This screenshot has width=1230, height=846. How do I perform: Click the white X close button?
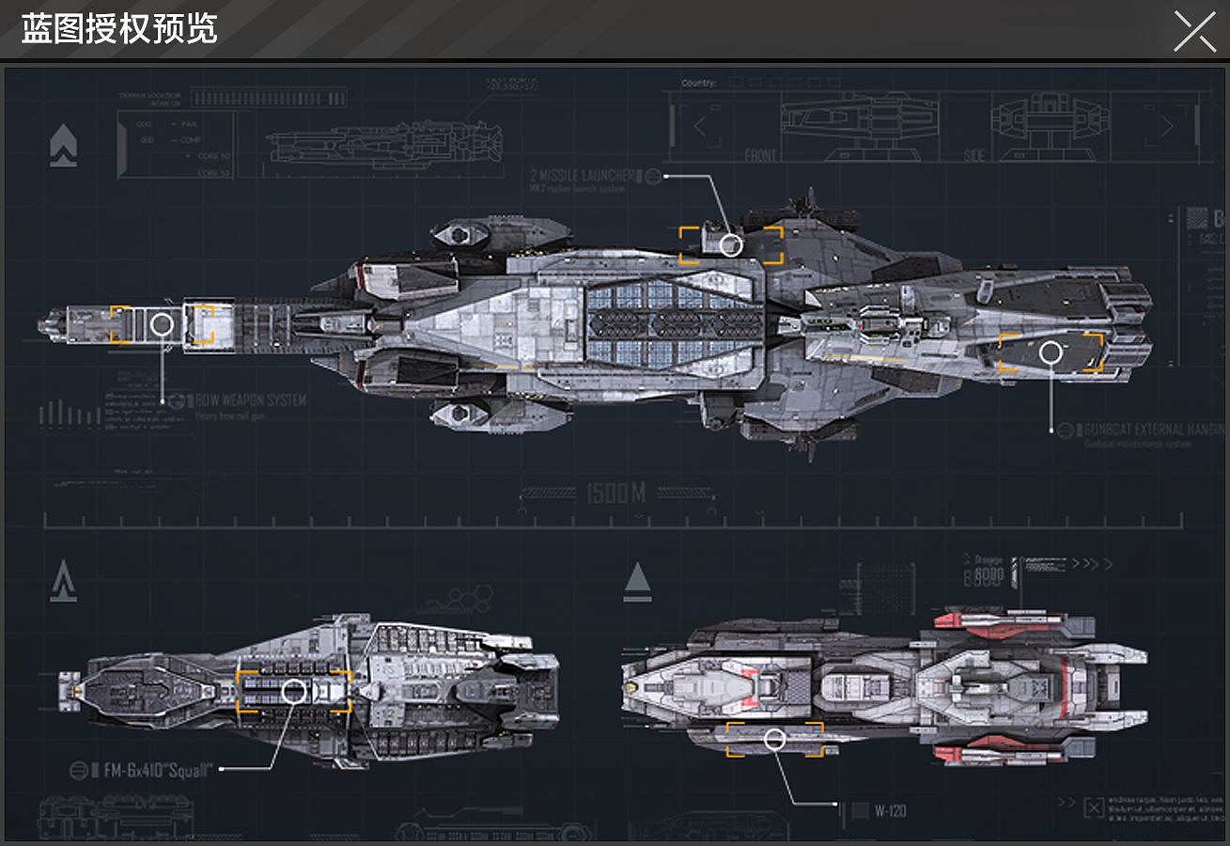[1194, 31]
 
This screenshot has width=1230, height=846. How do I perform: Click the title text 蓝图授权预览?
[119, 29]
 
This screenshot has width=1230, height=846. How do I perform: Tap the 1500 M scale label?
[615, 493]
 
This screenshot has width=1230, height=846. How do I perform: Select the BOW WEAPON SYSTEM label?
[250, 400]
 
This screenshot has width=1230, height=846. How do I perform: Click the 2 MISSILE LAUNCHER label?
[583, 176]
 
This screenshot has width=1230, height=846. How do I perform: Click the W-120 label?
[890, 810]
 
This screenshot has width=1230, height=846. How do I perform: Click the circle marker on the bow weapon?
[162, 325]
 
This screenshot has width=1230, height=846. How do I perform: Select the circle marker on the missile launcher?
[731, 245]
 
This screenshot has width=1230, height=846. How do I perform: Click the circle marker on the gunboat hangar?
[1051, 353]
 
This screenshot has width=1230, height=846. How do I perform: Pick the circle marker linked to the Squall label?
[294, 692]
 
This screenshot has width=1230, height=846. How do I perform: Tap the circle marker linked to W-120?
[774, 739]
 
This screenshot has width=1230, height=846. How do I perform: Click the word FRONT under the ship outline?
[760, 155]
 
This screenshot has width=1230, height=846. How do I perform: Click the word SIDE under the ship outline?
[974, 155]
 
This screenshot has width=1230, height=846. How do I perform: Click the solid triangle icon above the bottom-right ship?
[637, 579]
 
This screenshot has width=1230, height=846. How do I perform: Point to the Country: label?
[698, 84]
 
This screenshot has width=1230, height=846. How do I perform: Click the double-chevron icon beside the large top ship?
[63, 146]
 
